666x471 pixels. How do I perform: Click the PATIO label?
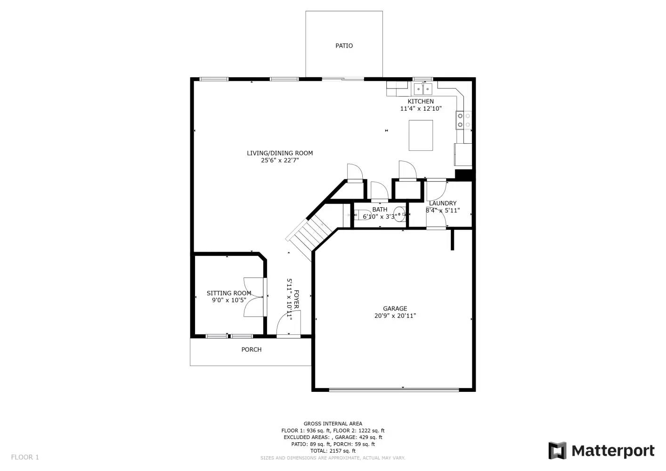click(x=344, y=46)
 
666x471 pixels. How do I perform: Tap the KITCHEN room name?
click(x=421, y=101)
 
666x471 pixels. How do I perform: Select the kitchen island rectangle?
click(x=421, y=135)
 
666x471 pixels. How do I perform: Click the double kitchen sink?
click(x=423, y=89)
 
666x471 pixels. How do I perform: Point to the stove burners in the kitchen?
click(x=463, y=120)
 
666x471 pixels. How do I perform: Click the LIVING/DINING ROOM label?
click(x=280, y=153)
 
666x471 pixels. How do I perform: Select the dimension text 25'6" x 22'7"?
click(x=280, y=161)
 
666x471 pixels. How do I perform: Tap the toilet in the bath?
click(x=361, y=215)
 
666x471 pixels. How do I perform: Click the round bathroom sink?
click(x=399, y=214)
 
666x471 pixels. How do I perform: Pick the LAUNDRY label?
click(x=443, y=203)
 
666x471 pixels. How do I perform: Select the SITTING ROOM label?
click(x=229, y=293)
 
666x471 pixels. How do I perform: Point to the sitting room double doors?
click(x=253, y=297)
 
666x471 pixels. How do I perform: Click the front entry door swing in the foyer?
click(x=288, y=323)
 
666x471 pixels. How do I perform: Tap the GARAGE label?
click(x=395, y=309)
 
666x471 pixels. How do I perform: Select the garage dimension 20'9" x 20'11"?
click(x=395, y=316)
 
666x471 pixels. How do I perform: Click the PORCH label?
click(x=251, y=349)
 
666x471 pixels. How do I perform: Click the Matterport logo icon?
click(x=557, y=450)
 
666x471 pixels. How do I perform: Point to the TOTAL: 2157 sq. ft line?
click(x=333, y=451)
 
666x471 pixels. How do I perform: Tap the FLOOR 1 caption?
click(x=25, y=457)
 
